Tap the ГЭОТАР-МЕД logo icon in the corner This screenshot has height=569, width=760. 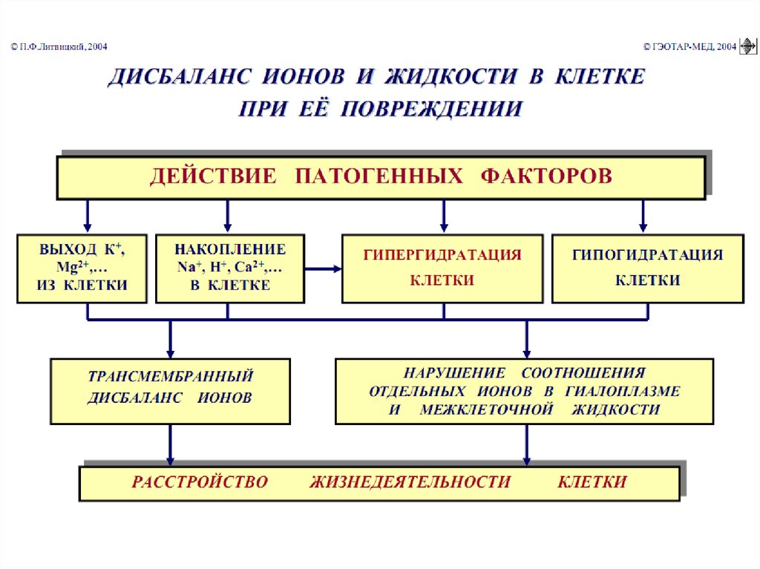tap(747, 47)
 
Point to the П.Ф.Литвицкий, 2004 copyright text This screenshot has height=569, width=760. tap(59, 47)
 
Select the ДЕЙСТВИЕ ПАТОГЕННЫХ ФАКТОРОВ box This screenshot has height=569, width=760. tap(381, 177)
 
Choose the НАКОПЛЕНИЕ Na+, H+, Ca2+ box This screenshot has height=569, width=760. tap(229, 268)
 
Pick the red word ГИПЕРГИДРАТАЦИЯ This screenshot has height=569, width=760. tap(442, 254)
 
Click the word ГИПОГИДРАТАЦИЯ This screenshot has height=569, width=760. tap(647, 254)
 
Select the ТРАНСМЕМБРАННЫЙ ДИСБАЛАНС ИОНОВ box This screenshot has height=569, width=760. tap(170, 391)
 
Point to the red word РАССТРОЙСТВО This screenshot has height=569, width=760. tap(200, 482)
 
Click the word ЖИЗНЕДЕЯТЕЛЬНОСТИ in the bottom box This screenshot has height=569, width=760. tap(410, 482)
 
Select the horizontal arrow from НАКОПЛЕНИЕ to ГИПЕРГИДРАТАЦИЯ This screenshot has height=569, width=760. tap(323, 269)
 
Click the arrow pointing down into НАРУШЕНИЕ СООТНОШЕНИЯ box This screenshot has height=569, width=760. tap(527, 338)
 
